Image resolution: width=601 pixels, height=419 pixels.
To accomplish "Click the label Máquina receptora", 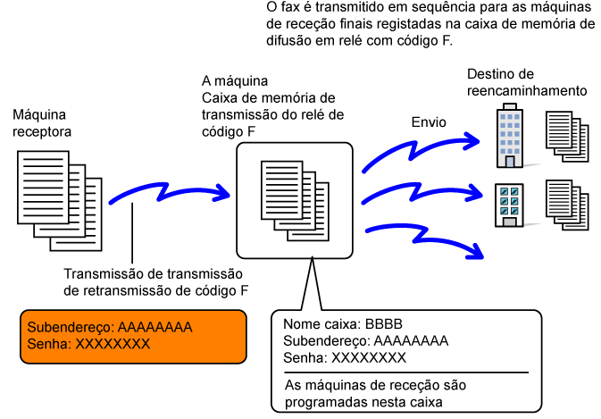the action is pyautogui.click(x=42, y=123).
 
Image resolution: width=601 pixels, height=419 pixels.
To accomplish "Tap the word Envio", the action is pyautogui.click(x=429, y=122).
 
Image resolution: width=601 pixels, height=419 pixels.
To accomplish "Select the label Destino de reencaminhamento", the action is pyautogui.click(x=527, y=82).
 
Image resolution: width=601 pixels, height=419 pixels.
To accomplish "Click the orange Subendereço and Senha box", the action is pyautogui.click(x=133, y=337).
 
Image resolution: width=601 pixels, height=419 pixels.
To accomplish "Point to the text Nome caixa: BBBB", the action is pyautogui.click(x=343, y=324).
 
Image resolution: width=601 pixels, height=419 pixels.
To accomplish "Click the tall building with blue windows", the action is pyautogui.click(x=510, y=136).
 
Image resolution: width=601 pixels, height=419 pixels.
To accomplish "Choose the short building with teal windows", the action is pyautogui.click(x=509, y=205).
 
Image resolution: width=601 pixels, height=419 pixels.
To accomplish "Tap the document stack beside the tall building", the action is pyautogui.click(x=567, y=137).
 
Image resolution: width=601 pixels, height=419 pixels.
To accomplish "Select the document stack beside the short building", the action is pyautogui.click(x=567, y=205).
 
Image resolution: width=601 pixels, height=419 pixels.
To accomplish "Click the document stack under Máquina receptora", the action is pyautogui.click(x=60, y=200).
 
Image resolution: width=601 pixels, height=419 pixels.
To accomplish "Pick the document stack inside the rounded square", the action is pyautogui.click(x=295, y=201).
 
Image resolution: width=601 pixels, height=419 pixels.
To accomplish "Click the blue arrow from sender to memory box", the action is pyautogui.click(x=168, y=193).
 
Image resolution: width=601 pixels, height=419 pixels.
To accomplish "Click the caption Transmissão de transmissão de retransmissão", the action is pyautogui.click(x=155, y=282).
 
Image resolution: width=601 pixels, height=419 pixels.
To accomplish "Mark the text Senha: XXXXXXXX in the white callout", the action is pyautogui.click(x=344, y=357).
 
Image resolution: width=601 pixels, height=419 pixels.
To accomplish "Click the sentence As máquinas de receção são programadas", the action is pyautogui.click(x=375, y=394).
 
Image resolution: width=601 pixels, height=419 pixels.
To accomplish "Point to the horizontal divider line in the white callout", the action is pyautogui.click(x=406, y=373).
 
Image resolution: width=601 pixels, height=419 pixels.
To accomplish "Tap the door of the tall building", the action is pyautogui.click(x=510, y=162).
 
